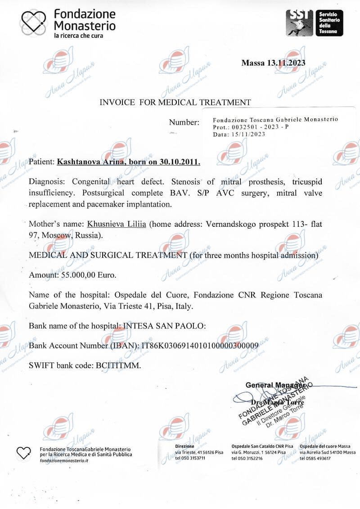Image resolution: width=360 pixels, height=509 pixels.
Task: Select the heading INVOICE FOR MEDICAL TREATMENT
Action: tap(175, 102)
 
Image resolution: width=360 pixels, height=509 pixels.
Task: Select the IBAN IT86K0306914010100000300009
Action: tap(200, 346)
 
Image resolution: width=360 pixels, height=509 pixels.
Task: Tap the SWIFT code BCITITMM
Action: tap(119, 365)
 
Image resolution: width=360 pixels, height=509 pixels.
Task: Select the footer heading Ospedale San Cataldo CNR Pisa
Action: tap(262, 446)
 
